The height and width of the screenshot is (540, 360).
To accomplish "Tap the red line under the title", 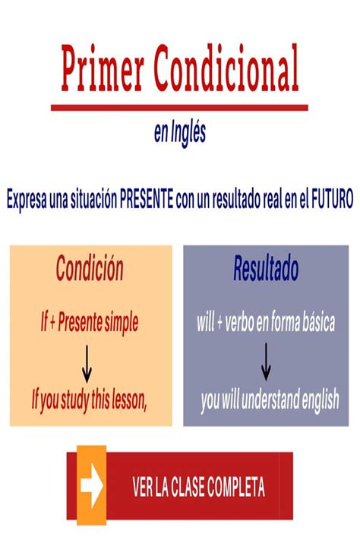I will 179,108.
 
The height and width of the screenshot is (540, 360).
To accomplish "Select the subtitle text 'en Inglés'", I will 180,134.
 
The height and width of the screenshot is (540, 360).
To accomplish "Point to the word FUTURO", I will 331,200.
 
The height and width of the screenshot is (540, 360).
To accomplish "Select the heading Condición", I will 90,269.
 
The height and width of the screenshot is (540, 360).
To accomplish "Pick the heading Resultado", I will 265,269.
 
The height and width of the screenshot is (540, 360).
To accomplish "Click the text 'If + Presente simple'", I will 90,324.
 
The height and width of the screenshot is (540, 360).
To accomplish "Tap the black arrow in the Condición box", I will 87,363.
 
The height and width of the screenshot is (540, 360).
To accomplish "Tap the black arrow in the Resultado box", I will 266,362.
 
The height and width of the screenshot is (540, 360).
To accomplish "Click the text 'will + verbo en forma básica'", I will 265,324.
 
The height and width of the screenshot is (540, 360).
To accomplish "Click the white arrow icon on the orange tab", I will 92,487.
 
